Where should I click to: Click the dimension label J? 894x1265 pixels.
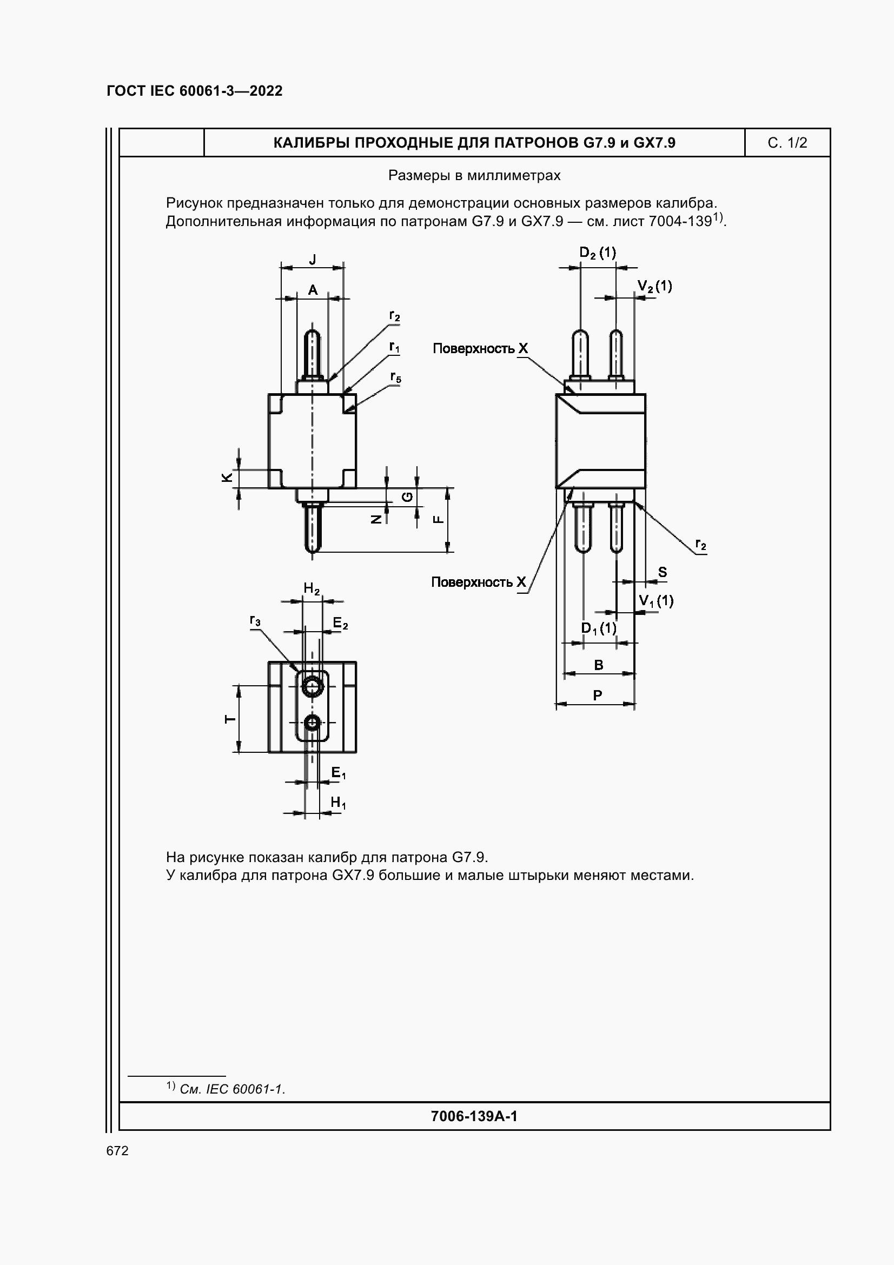tap(312, 260)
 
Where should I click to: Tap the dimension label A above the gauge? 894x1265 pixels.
tap(312, 290)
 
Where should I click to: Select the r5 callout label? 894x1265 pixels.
tap(395, 377)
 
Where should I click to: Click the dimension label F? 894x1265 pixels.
tap(439, 519)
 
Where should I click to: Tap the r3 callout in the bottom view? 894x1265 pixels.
tap(255, 621)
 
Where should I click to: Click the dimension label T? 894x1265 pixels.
tap(230, 719)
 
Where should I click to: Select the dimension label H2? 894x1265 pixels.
tap(312, 589)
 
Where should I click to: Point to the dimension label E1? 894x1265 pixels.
tap(338, 773)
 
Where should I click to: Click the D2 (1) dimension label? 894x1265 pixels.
tap(598, 253)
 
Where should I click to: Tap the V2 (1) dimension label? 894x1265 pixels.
tap(654, 286)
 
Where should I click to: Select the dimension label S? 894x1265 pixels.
tap(662, 572)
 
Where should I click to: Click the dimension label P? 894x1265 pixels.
tap(598, 696)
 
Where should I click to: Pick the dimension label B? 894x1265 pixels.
tap(599, 665)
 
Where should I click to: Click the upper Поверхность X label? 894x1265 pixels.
tap(480, 348)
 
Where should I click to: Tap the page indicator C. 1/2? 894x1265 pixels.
tap(786, 143)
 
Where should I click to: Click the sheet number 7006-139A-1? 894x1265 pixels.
tap(474, 1116)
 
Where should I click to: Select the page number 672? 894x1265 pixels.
tap(117, 1151)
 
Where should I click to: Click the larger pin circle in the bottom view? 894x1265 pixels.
tap(312, 686)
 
